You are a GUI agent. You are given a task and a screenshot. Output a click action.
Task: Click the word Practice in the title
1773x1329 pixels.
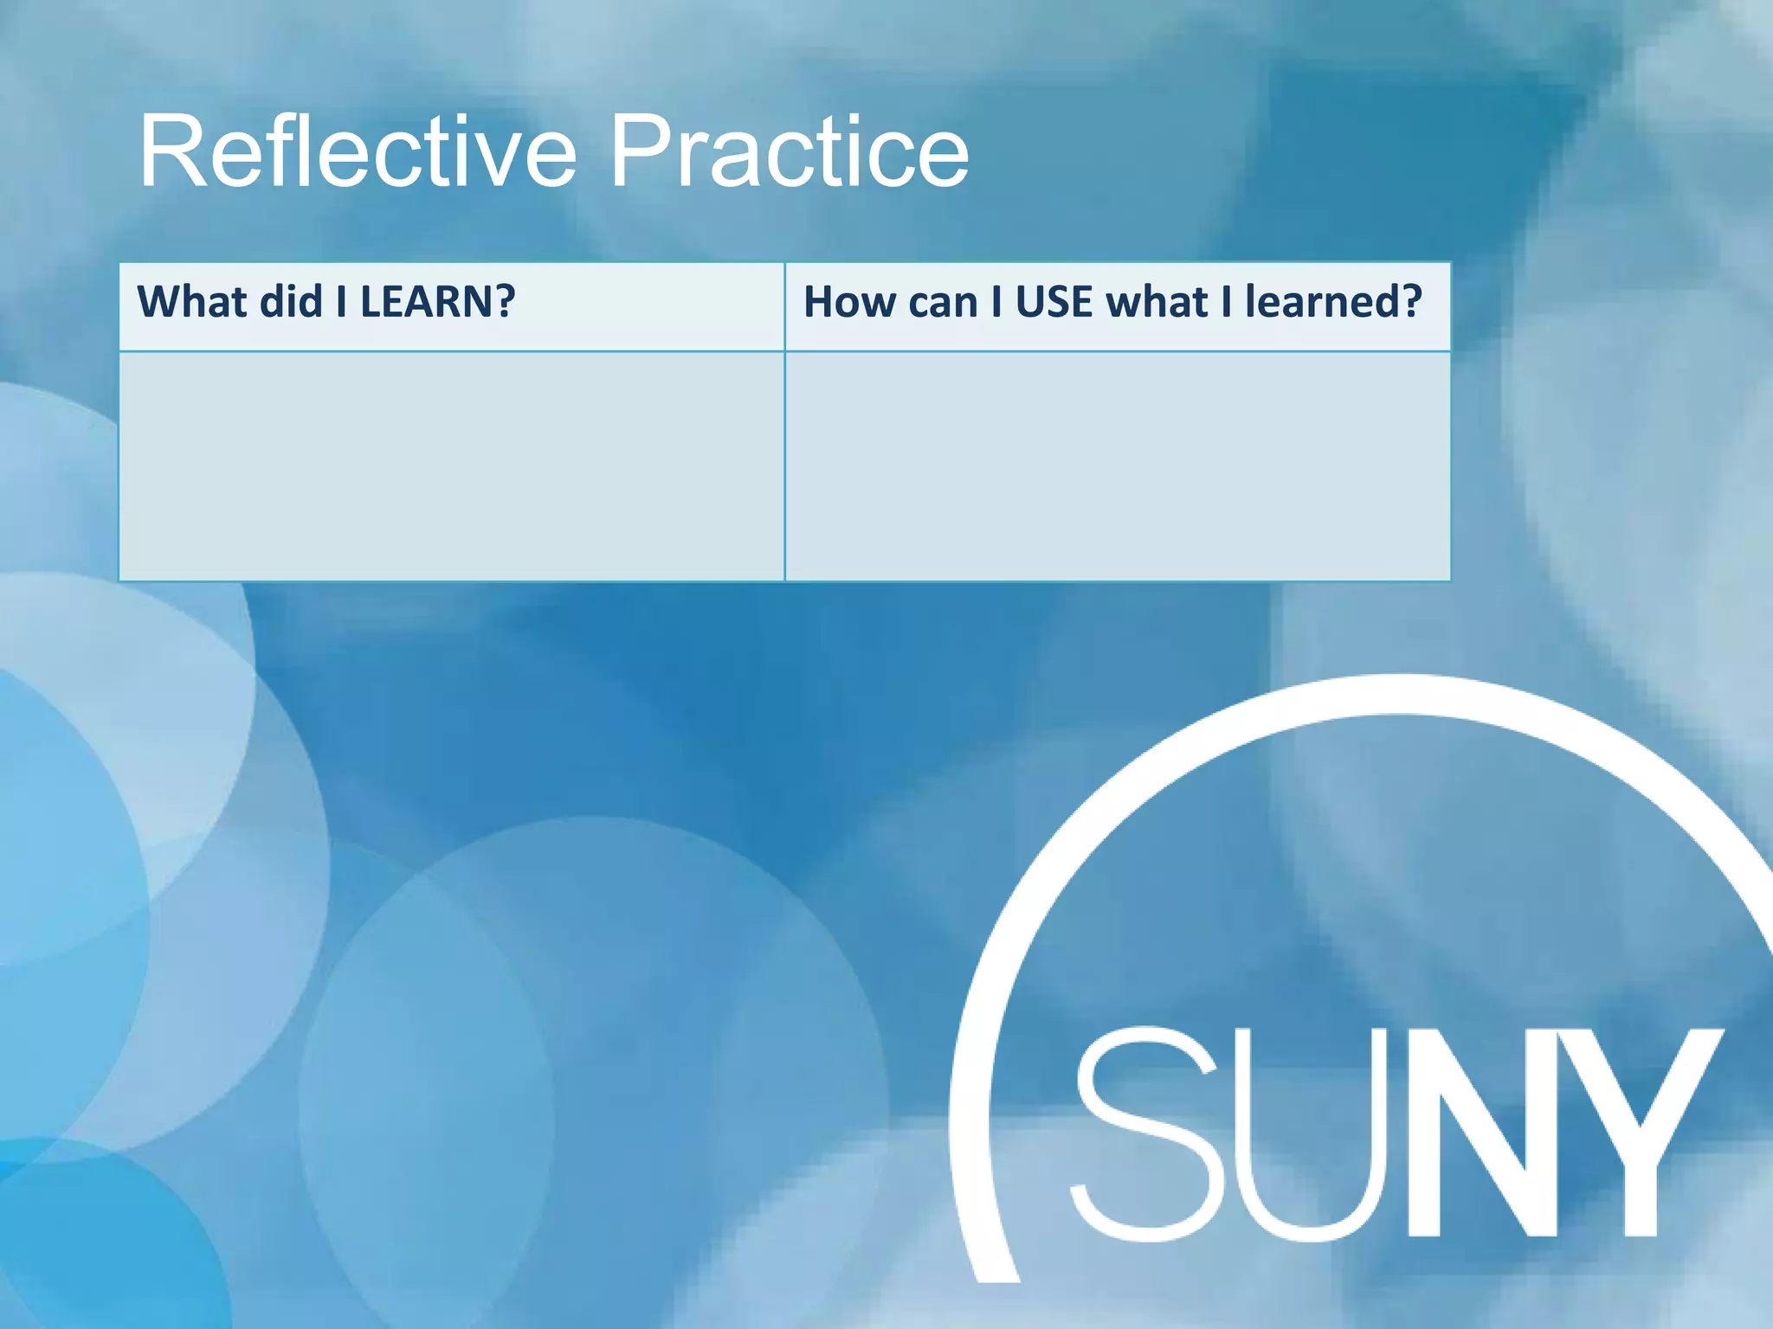[790, 153]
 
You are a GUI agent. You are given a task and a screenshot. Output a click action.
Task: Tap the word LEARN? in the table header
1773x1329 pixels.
[437, 302]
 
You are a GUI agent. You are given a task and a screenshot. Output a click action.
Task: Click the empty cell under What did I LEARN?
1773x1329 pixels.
[451, 466]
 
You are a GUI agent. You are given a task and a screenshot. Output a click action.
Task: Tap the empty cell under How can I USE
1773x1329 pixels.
[1117, 466]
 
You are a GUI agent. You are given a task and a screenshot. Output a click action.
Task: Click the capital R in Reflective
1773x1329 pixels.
[172, 153]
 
